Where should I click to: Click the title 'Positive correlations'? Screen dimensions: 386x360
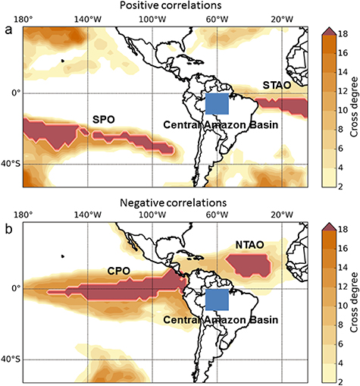pos(166,6)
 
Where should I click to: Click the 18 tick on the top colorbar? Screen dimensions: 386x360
pos(343,33)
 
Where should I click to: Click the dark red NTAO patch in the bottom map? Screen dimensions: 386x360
pos(249,264)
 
